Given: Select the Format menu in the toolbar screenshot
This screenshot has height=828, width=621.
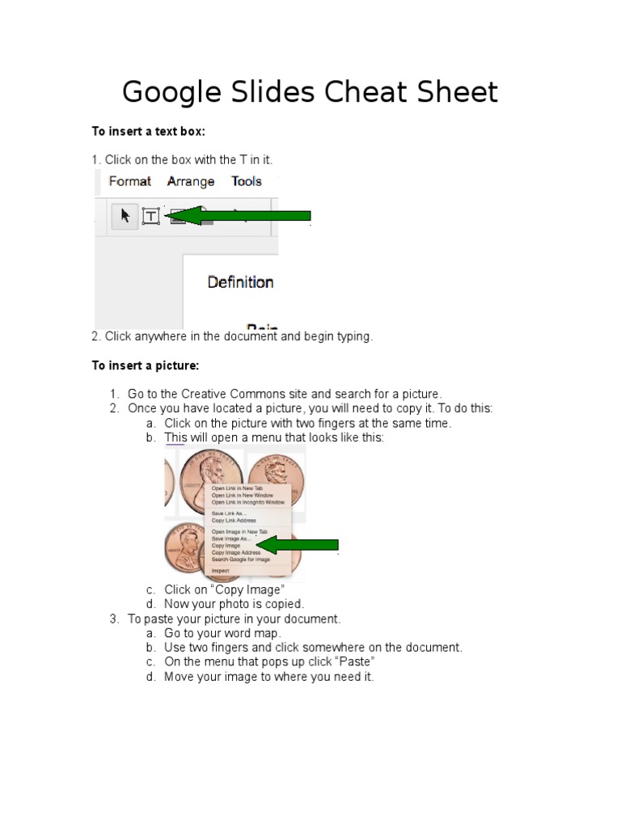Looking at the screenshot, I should point(129,181).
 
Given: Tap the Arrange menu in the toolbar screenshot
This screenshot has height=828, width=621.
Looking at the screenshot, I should point(191,181).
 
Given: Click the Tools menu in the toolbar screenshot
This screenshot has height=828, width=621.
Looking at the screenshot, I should point(247,181).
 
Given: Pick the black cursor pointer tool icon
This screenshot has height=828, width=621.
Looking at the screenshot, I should point(125,215).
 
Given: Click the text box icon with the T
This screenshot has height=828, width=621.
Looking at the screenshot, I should point(150,216).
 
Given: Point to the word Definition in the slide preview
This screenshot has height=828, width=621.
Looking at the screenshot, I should point(240,282).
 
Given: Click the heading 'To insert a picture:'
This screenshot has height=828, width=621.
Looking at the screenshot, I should point(145,365).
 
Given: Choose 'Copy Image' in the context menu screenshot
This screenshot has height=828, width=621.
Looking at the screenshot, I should point(226,546).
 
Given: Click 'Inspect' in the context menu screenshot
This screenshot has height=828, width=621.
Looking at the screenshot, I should point(220,570).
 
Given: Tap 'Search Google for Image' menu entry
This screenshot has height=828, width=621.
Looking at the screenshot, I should point(241,559).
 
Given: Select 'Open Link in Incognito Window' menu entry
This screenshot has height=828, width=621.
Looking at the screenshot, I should point(247,502).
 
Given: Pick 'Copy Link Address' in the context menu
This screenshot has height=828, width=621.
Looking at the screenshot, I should point(234,521).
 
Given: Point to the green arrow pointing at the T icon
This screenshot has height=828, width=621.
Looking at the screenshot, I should point(243,215).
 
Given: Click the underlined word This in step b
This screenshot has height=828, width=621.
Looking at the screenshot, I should point(175,437).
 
